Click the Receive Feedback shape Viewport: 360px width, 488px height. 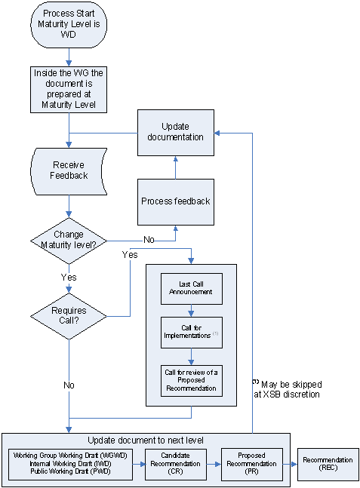(x=69, y=170)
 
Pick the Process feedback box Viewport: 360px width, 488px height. (x=175, y=201)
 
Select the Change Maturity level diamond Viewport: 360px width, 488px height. (x=69, y=240)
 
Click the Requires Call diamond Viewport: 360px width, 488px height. (x=69, y=315)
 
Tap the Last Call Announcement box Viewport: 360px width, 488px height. (x=192, y=287)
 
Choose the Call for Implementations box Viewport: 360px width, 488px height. (x=192, y=333)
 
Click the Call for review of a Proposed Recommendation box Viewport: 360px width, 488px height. (x=192, y=379)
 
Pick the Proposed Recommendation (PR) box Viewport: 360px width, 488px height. (x=251, y=464)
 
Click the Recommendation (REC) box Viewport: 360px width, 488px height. (x=328, y=464)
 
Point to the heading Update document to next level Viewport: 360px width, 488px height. (x=145, y=440)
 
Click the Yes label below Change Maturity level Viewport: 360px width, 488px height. (x=69, y=278)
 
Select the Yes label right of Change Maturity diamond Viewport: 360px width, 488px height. (x=129, y=255)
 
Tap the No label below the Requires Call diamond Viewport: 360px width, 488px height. (x=69, y=385)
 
